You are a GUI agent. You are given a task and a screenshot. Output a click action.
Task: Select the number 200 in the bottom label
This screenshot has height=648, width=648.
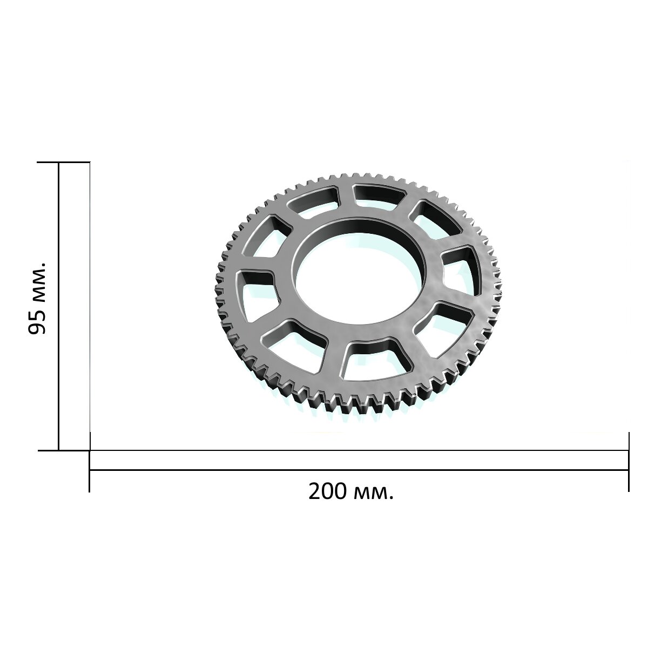(x=327, y=491)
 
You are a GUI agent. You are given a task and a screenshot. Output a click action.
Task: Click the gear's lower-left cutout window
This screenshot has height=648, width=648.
(x=294, y=346)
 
